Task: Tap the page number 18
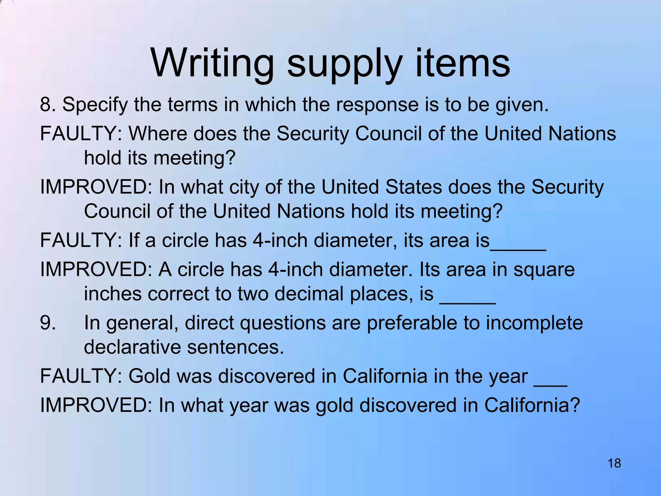[x=614, y=463]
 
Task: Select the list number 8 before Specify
[x=46, y=105]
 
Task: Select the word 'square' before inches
[x=544, y=270]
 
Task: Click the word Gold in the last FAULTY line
[x=149, y=376]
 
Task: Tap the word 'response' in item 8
[x=377, y=105]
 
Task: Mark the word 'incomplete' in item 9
[x=534, y=323]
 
